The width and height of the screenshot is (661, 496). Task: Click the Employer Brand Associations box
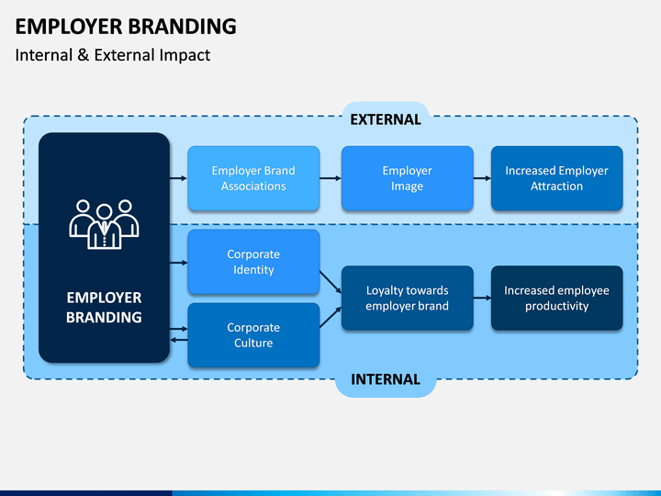tap(253, 178)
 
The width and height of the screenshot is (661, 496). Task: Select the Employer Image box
tap(407, 178)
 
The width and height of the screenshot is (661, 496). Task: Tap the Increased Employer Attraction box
tap(556, 178)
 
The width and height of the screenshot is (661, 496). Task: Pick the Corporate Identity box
tap(253, 262)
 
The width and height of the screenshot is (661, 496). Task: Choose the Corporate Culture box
tap(253, 335)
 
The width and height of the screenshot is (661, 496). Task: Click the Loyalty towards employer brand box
tap(407, 298)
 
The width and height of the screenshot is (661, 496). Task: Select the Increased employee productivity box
tap(556, 298)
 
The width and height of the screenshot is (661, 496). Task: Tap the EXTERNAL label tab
tap(385, 119)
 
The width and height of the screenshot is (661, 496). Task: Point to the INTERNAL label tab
tap(385, 378)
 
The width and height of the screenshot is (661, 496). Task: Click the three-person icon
tap(104, 223)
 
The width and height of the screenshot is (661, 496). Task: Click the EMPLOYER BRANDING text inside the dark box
tap(104, 308)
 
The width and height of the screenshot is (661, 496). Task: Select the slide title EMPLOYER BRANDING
tap(126, 26)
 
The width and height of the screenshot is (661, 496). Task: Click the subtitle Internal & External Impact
tap(113, 55)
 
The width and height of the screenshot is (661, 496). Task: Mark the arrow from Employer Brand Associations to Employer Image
tap(330, 178)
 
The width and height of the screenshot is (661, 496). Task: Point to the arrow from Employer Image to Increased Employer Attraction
tap(481, 178)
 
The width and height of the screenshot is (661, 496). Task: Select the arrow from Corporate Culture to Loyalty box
tap(330, 318)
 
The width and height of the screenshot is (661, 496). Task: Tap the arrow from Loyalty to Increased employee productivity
tap(481, 298)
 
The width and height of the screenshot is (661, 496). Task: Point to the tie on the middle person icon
tap(104, 231)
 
